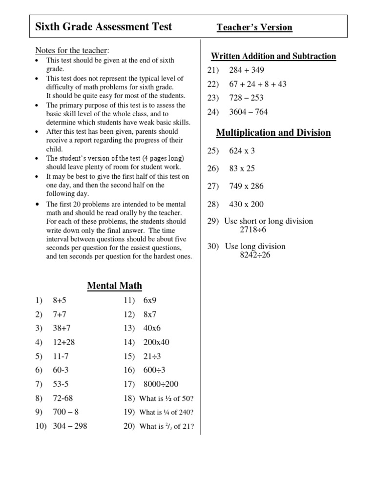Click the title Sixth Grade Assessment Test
(104, 27)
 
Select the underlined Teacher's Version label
(254, 27)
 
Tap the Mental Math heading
(115, 286)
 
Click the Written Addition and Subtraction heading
(273, 56)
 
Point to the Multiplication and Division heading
(273, 133)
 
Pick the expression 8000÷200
(161, 384)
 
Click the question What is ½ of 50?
(167, 398)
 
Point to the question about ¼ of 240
(167, 412)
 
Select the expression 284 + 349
(247, 70)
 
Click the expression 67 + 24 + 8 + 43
(258, 84)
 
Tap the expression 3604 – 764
(249, 112)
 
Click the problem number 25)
(214, 151)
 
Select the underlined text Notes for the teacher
(72, 51)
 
